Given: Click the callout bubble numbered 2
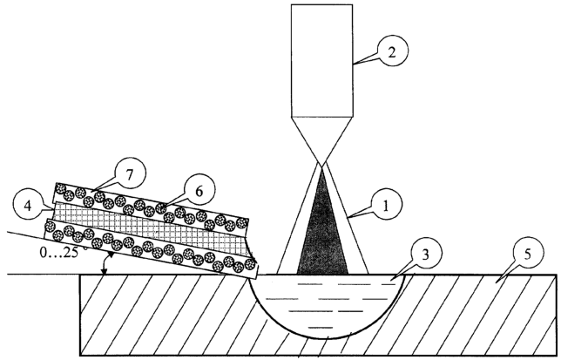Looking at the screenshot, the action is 392,52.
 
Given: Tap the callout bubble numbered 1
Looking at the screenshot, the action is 386,205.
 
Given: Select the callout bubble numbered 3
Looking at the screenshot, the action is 425,255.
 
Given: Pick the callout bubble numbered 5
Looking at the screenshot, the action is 528,254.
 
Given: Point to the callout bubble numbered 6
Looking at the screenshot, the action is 199,191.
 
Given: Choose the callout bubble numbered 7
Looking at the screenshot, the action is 130,174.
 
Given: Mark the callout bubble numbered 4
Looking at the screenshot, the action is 29,207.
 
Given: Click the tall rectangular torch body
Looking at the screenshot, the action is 322,61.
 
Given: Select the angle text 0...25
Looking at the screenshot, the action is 61,252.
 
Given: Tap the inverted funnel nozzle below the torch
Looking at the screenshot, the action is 322,139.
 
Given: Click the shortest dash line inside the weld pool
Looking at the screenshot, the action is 321,327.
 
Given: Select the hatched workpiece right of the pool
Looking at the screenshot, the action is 479,315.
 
